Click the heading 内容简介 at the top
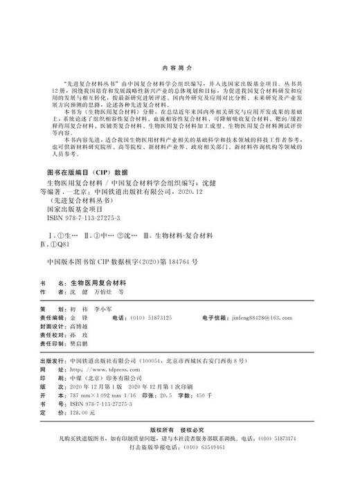(179, 69)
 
